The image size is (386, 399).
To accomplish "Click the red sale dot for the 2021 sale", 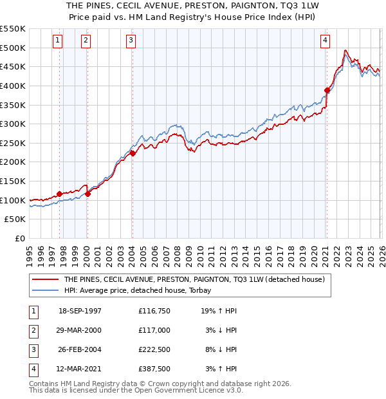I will coord(327,91).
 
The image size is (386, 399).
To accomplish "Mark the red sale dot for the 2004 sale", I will coord(133,153).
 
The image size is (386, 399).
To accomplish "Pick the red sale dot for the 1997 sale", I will coord(60,194).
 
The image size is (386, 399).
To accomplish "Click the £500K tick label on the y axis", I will coord(13,48).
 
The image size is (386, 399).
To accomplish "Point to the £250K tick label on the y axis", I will coord(13,144).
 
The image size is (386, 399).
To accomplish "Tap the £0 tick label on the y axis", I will coord(20,239).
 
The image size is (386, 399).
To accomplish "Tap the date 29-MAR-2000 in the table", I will coord(80,330).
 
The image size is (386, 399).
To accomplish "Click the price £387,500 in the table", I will coord(154,369).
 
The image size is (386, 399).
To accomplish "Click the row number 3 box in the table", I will coord(32,349).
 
